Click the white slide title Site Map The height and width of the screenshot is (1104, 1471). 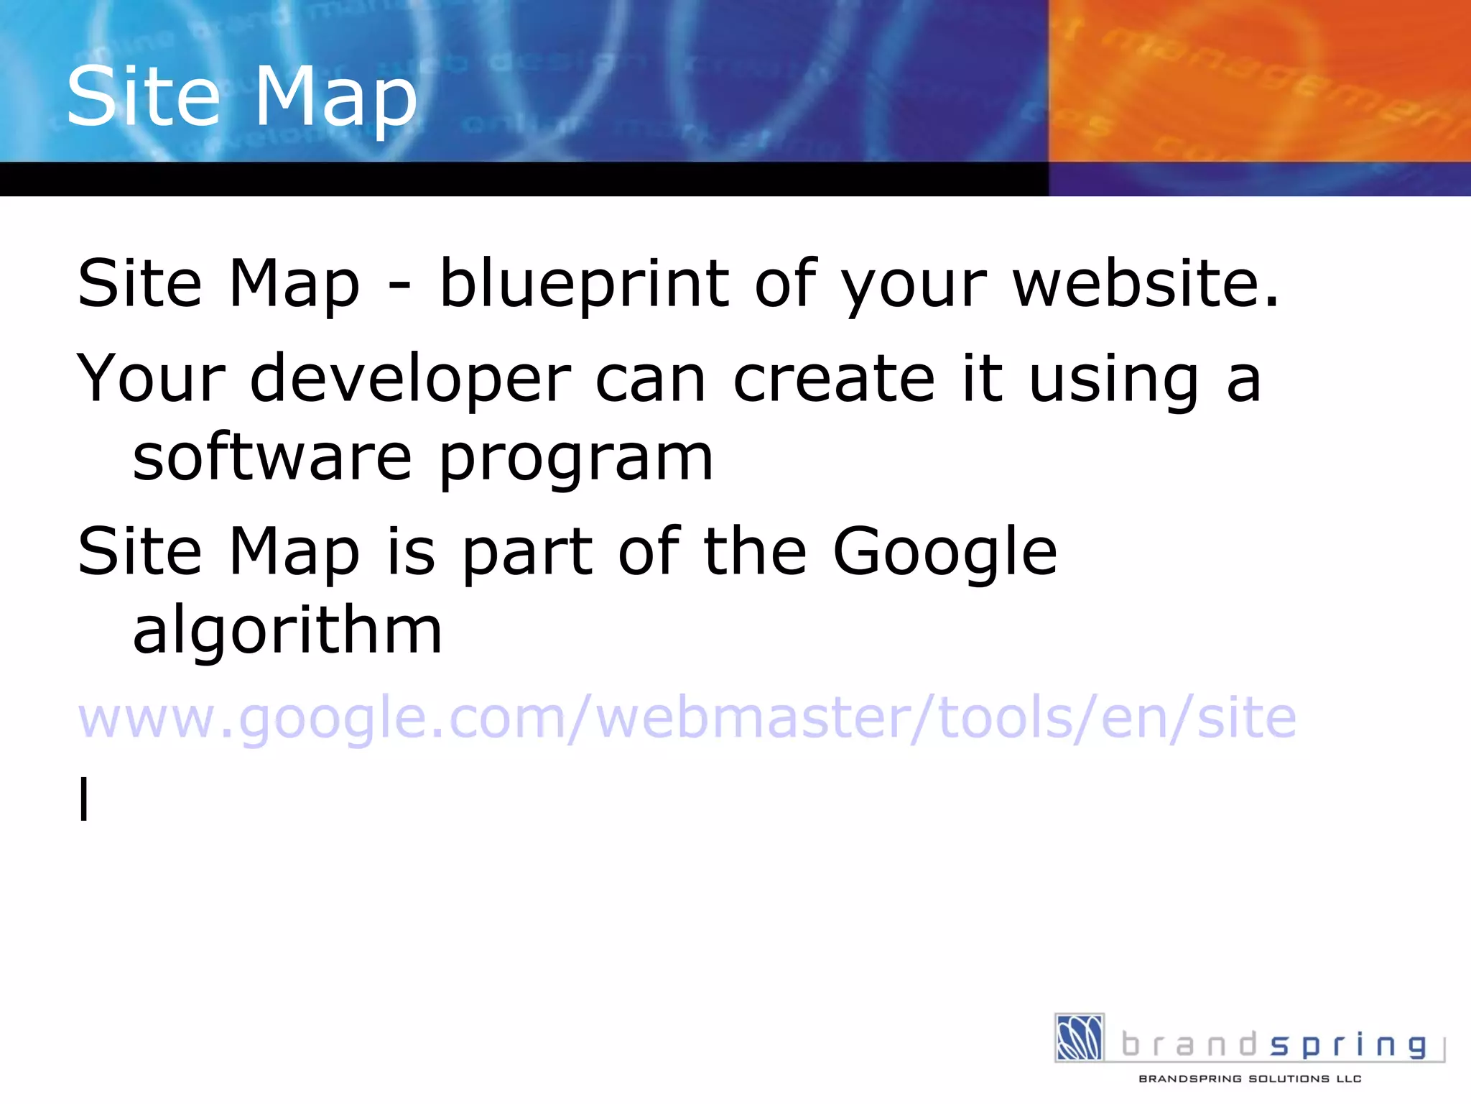[241, 97]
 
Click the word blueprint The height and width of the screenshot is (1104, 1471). [584, 285]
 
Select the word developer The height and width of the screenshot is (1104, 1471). [410, 379]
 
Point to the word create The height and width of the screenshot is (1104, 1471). [833, 378]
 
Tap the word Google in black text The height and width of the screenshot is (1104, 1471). [945, 552]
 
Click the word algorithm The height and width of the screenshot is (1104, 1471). [287, 630]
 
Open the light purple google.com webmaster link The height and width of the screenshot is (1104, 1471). [687, 717]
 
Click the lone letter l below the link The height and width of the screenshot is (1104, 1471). [84, 798]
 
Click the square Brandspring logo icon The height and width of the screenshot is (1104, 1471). [1079, 1037]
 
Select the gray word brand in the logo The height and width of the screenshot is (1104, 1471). [1189, 1044]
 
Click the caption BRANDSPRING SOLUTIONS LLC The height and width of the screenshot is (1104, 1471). [1250, 1079]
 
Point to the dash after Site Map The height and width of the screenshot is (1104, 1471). [399, 286]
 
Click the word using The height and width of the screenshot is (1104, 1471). [1113, 379]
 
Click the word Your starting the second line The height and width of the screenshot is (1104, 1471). [151, 378]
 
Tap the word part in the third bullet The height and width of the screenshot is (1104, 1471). [528, 552]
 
